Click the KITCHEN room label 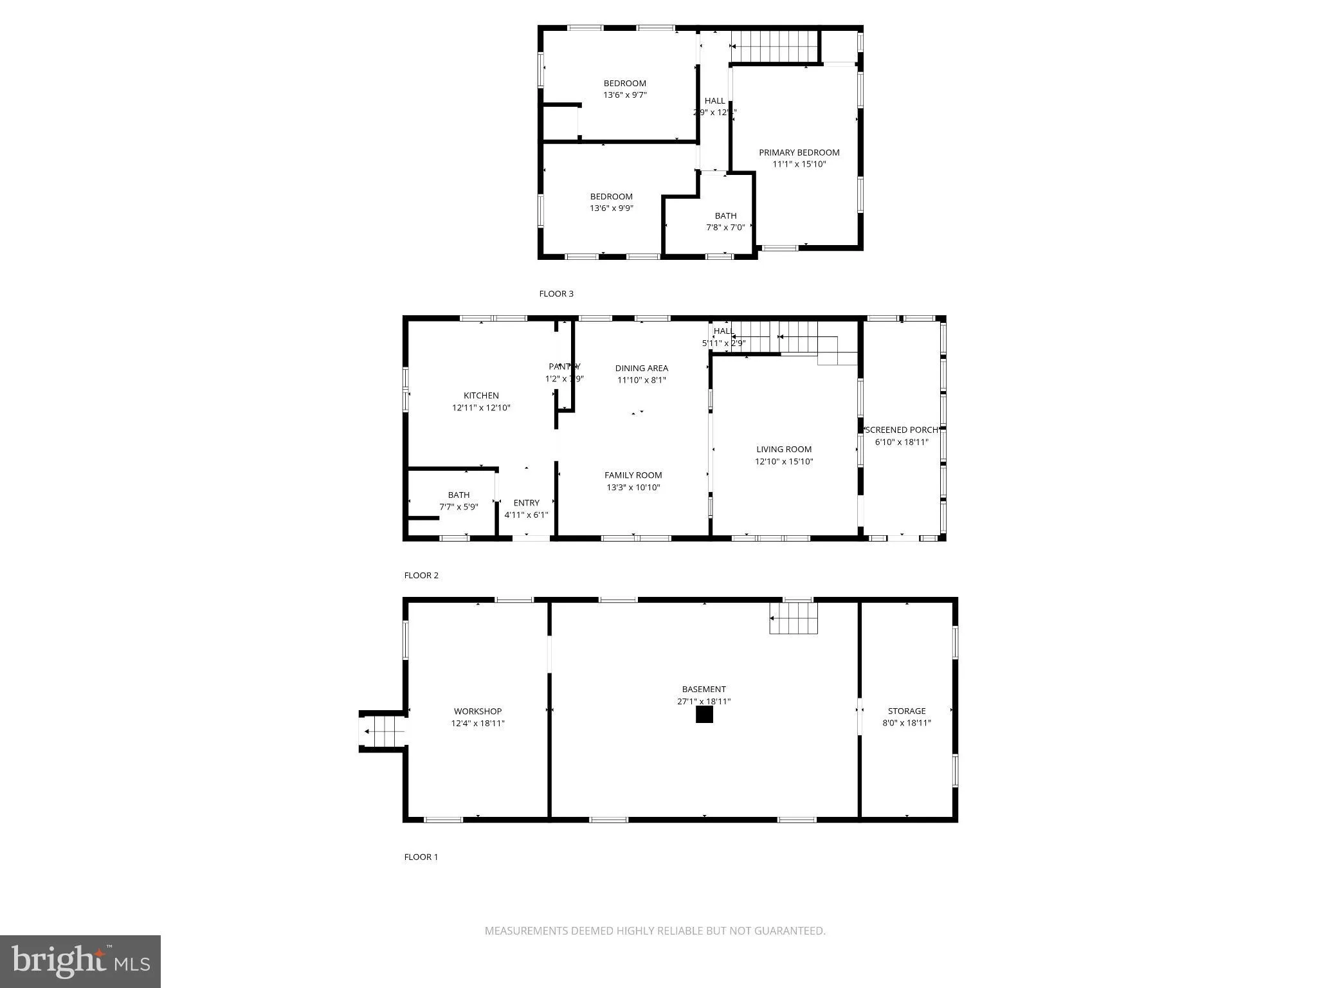[481, 396]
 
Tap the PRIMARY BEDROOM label [799, 152]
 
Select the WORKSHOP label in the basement [477, 711]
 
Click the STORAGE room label [907, 711]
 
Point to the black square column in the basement [704, 715]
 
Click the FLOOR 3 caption [556, 294]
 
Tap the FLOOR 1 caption [421, 857]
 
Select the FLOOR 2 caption [421, 576]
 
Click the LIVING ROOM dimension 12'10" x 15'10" [784, 461]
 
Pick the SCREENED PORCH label [902, 430]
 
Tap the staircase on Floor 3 [775, 46]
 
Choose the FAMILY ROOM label [633, 475]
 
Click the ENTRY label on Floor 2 [526, 503]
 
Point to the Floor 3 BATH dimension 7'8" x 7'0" [725, 228]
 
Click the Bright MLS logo [80, 961]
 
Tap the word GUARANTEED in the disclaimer [788, 931]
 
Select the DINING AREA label [641, 369]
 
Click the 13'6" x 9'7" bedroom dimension [624, 95]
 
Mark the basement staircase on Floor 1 [794, 618]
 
